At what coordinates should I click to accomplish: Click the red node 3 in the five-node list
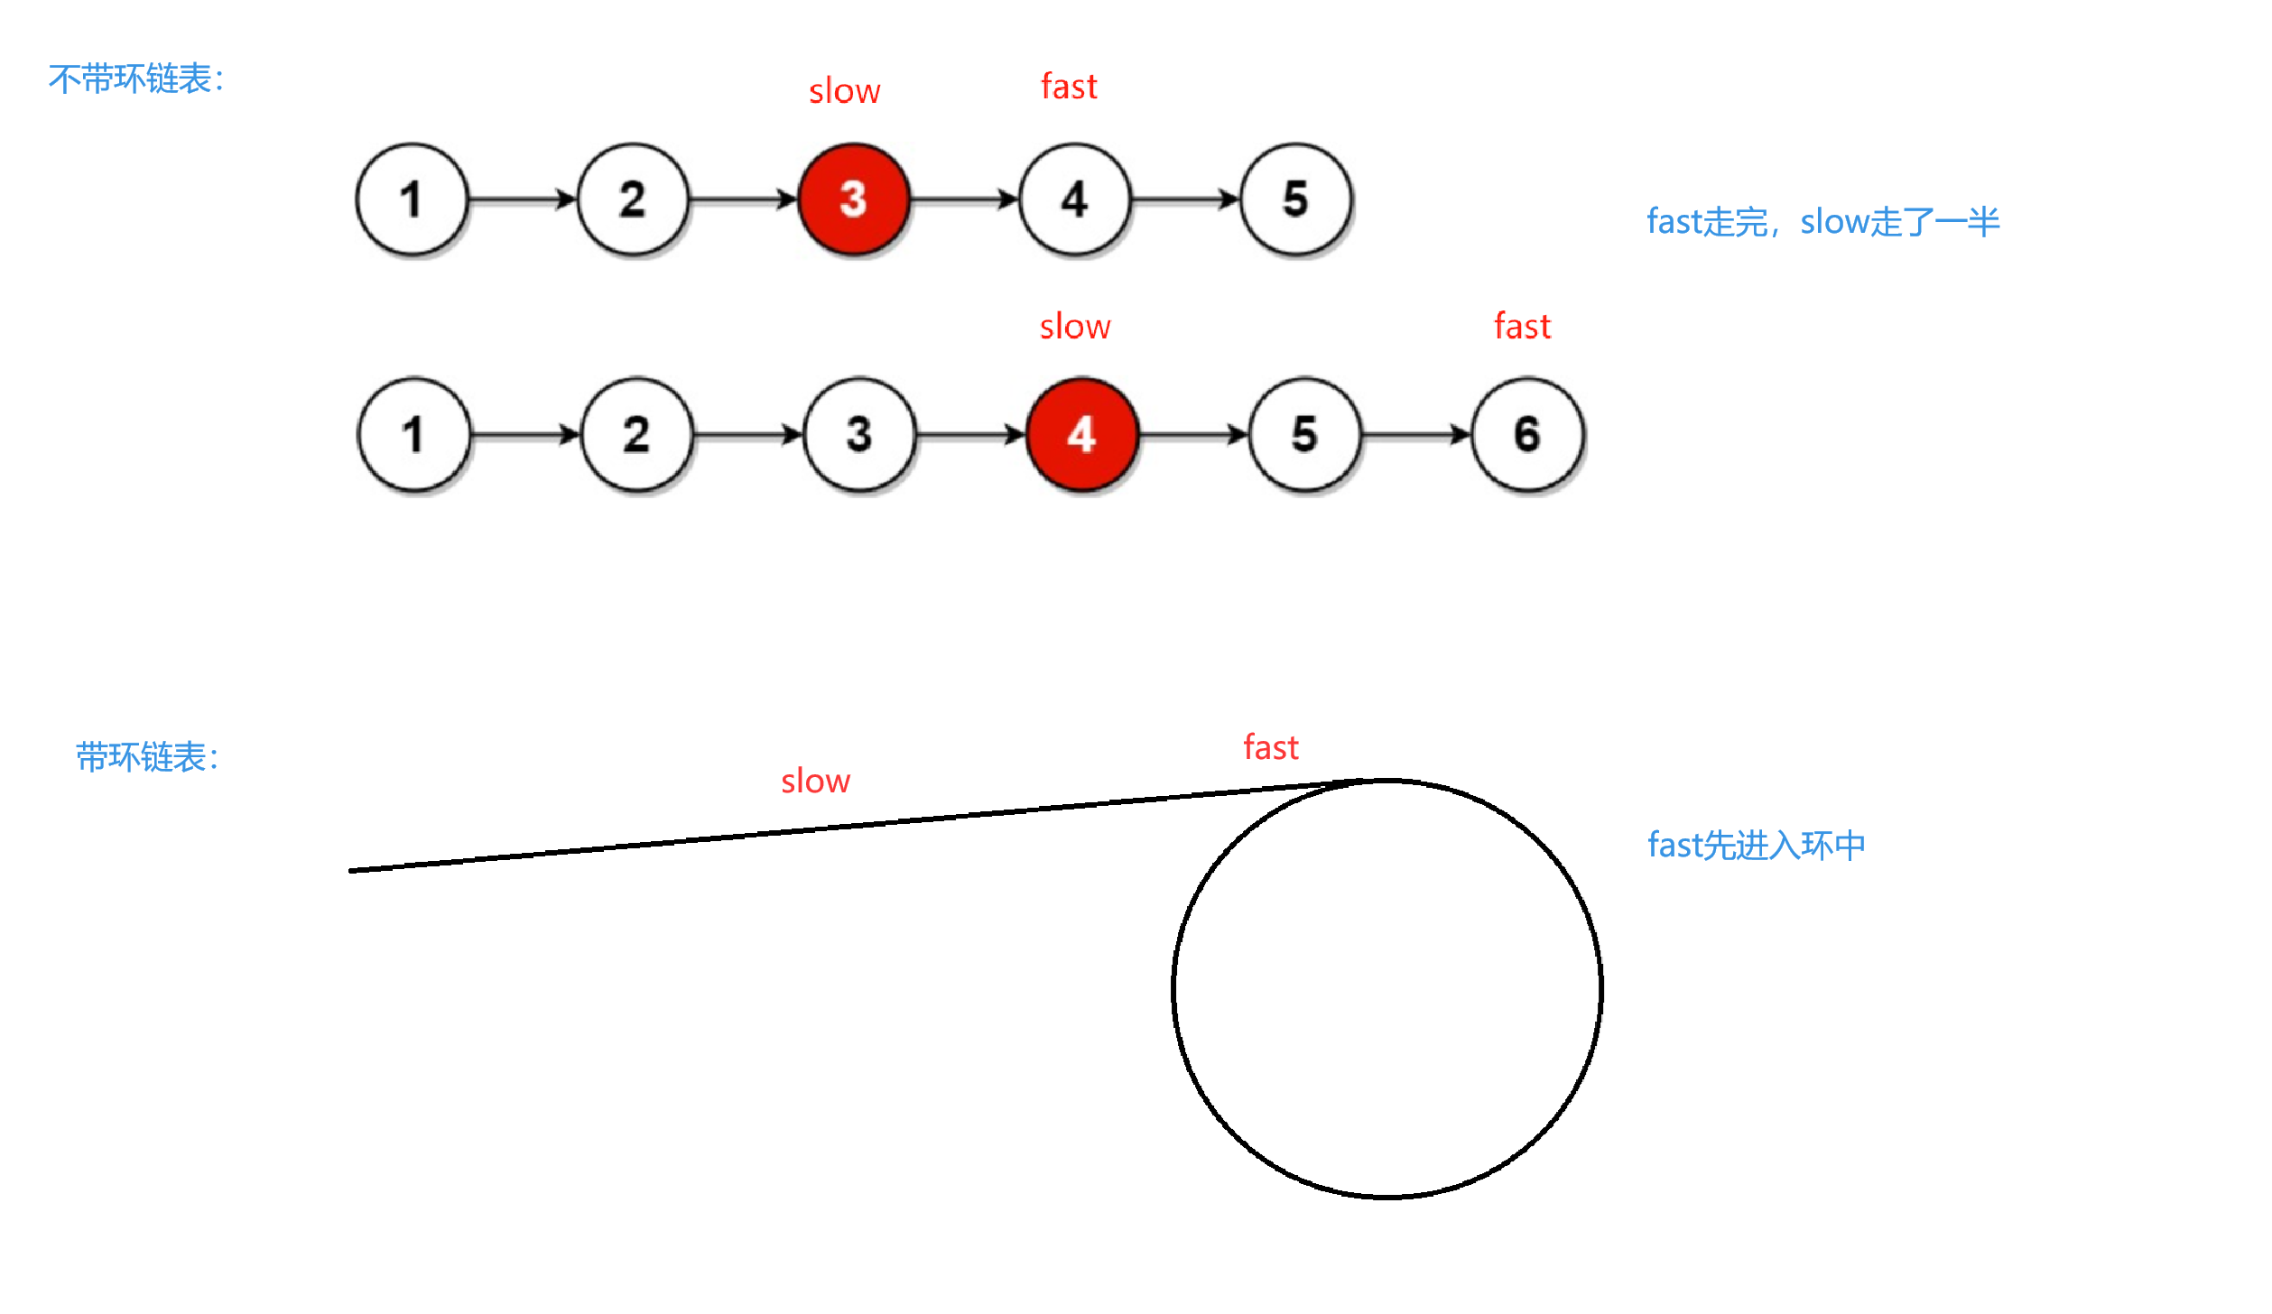coord(853,199)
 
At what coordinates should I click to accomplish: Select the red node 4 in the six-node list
coord(1081,434)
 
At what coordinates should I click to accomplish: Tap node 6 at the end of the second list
coord(1526,434)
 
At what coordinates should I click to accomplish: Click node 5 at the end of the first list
coord(1295,199)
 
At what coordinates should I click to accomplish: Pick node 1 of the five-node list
coord(412,199)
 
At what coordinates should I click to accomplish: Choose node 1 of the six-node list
coord(413,434)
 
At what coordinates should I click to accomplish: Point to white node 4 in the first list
coord(1074,199)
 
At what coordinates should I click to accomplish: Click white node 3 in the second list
coord(859,434)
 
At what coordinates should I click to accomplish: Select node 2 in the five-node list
coord(633,199)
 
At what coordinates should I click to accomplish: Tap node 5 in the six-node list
coord(1304,434)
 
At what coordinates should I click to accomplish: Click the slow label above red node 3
coord(844,91)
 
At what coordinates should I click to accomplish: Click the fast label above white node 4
coord(1069,87)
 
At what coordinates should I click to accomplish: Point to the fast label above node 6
coord(1522,326)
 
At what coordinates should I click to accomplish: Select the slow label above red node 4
coord(1074,327)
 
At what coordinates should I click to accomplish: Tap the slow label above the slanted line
coord(815,781)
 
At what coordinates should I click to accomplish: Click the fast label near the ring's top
coord(1270,747)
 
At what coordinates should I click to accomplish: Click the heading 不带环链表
coord(135,79)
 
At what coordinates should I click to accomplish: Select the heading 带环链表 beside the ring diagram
coord(146,757)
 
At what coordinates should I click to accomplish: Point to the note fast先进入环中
coord(1756,846)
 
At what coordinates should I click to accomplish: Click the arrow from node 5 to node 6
coord(1415,435)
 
